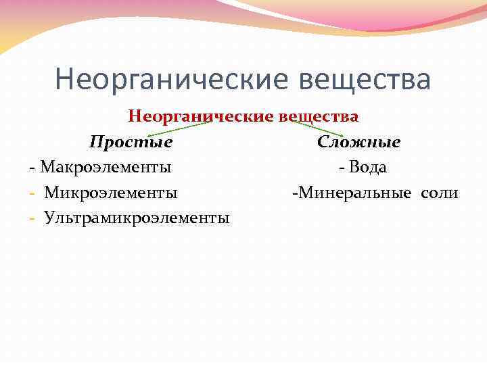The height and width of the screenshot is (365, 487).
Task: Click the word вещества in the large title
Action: click(x=363, y=79)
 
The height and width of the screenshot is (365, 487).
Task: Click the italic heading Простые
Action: click(x=131, y=143)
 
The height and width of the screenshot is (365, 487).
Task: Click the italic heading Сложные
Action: click(x=358, y=143)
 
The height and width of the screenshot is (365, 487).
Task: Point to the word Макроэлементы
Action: click(x=106, y=167)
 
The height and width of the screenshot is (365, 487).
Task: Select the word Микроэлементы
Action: click(x=111, y=193)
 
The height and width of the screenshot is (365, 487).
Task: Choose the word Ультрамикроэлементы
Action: click(x=137, y=218)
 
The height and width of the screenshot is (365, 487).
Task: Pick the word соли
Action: click(x=439, y=193)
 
